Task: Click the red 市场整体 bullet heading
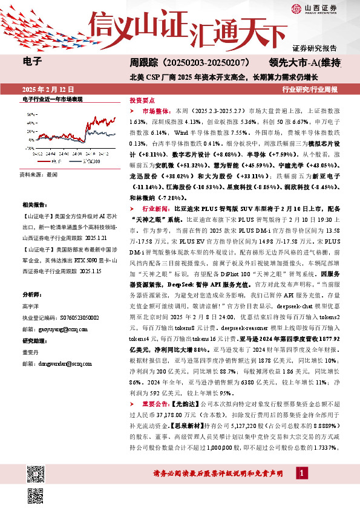[x=155, y=112]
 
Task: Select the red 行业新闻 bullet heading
[x=155, y=208]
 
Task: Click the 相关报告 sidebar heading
[x=34, y=206]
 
